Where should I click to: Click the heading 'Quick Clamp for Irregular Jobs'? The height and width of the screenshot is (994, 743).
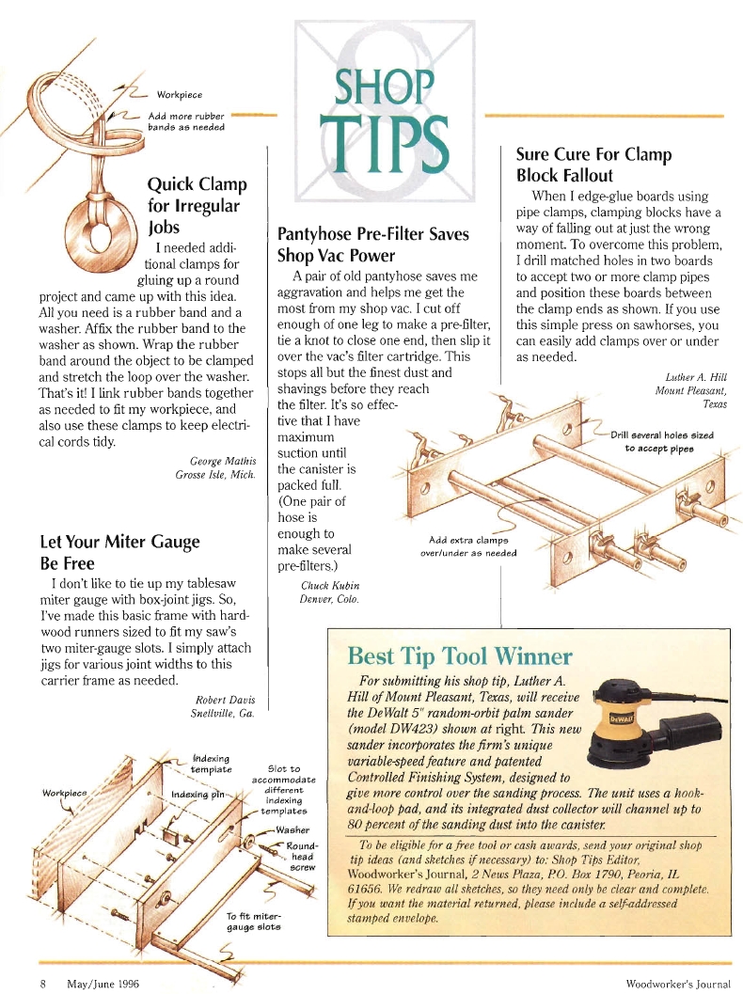[x=198, y=205]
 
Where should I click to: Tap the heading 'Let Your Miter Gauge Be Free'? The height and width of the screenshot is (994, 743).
[x=119, y=552]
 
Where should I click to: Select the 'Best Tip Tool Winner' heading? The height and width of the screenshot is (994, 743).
[x=460, y=655]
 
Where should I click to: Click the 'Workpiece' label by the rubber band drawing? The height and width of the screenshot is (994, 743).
[x=180, y=95]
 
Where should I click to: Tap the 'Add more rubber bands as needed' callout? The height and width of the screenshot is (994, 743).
[x=186, y=121]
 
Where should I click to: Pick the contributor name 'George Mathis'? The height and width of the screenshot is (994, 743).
[x=223, y=461]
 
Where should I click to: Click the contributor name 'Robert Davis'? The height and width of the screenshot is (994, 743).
[x=225, y=700]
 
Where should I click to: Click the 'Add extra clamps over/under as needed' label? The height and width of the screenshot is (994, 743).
[x=468, y=546]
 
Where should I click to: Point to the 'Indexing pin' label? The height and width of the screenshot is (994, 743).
[x=198, y=795]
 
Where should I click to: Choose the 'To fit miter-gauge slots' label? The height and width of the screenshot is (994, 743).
[x=254, y=922]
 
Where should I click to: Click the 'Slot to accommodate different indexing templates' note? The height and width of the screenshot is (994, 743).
[x=284, y=790]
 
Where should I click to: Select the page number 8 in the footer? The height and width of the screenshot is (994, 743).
[x=43, y=984]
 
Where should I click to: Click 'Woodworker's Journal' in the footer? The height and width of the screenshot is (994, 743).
[x=678, y=984]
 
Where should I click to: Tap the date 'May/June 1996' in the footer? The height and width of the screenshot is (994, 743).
[x=103, y=984]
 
